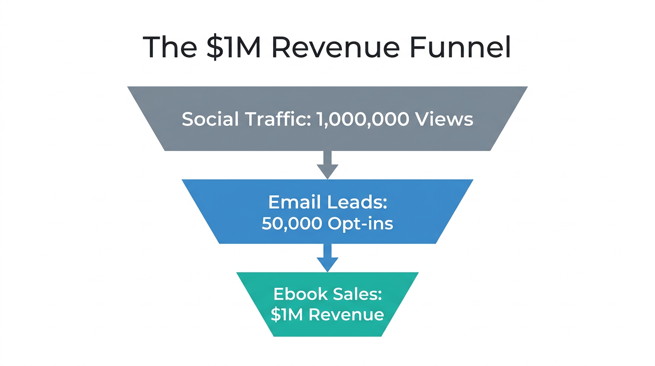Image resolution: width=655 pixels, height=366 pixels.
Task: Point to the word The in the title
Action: (169, 47)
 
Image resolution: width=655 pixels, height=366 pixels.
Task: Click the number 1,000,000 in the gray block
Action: (362, 119)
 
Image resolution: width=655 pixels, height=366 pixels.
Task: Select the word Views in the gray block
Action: (444, 119)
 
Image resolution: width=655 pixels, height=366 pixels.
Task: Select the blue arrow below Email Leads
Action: (327, 257)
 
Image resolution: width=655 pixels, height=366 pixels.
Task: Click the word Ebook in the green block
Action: (301, 294)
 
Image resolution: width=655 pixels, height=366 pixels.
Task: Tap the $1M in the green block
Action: (287, 315)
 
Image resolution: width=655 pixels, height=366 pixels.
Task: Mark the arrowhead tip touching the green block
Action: (327, 271)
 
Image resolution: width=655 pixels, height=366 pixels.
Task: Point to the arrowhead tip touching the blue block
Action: (327, 178)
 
